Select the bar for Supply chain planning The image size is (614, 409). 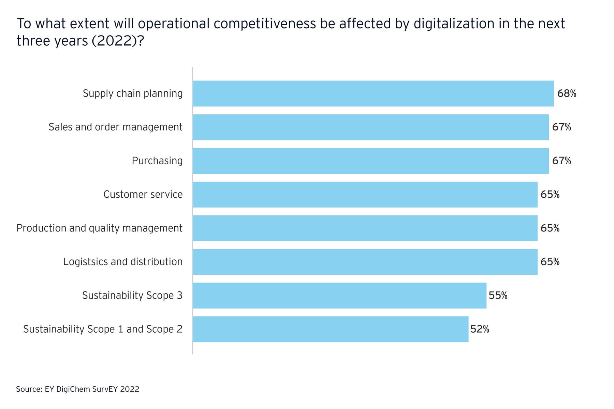[373, 93]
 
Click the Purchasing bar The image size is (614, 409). [371, 161]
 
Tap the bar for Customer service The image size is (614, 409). [365, 195]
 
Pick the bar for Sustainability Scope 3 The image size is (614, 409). [339, 296]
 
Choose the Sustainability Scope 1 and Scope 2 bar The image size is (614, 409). [331, 329]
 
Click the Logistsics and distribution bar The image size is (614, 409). [365, 262]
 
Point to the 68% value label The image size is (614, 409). [567, 93]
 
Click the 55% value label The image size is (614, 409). [498, 296]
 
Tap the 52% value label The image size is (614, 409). [480, 329]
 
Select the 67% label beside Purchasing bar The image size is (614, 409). [561, 161]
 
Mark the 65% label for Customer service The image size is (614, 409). [550, 195]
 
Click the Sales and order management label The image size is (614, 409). [115, 127]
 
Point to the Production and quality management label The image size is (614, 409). [99, 228]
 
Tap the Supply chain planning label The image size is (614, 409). [133, 93]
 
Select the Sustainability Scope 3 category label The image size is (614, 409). [132, 296]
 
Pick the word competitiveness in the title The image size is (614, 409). [265, 24]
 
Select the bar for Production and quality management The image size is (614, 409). [365, 228]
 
